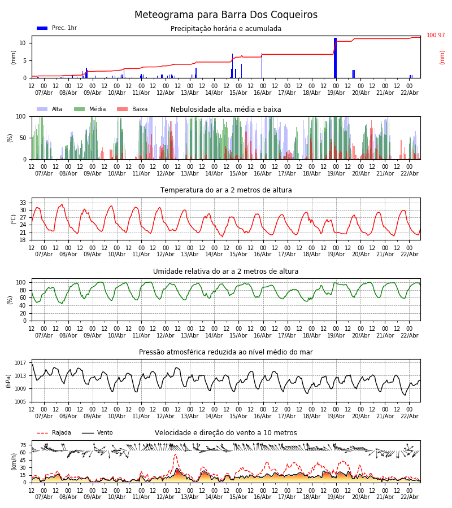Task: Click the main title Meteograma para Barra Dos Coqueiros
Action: pos(226,15)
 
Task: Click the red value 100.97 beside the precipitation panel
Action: pos(436,36)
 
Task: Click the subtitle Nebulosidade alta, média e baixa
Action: pos(225,110)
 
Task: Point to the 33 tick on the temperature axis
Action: pos(23,203)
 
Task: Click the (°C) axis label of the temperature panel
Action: pos(14,218)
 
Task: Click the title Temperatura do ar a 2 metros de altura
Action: pos(226,190)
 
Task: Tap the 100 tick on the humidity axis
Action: pos(21,282)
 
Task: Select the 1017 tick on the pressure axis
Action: pos(20,363)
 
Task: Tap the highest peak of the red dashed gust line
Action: pos(175,454)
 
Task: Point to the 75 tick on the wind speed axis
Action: pos(23,445)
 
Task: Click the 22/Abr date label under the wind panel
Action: pos(409,497)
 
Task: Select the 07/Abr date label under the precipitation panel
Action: pos(44,93)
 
